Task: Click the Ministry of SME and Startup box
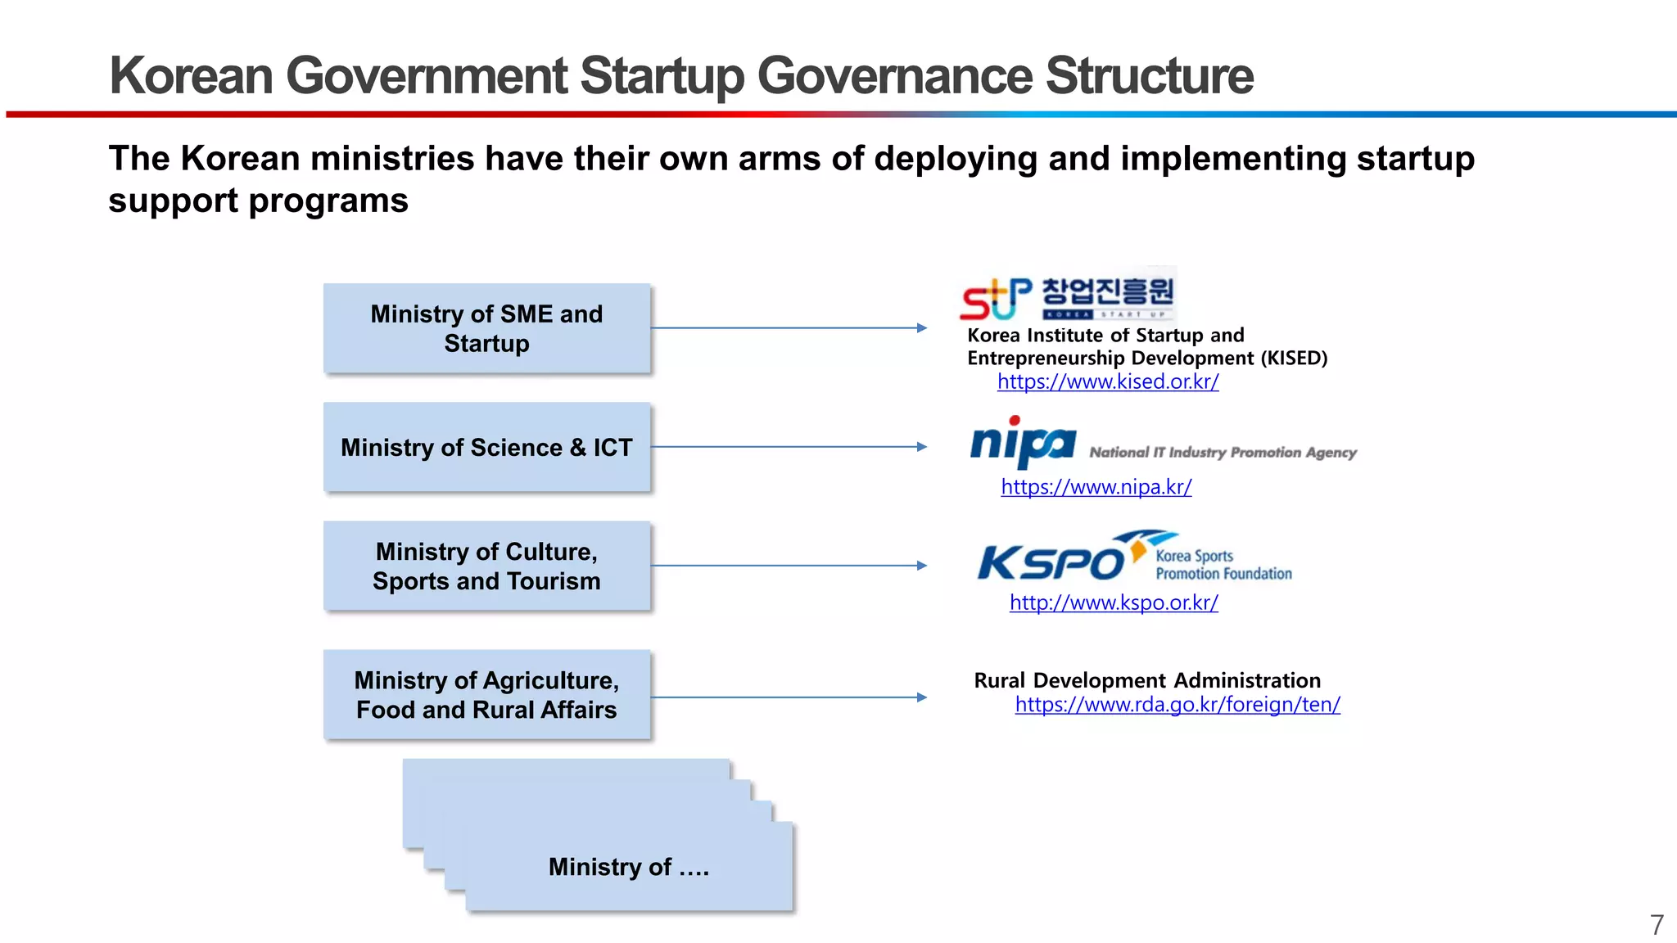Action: [486, 328]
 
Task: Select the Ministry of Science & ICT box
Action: [486, 447]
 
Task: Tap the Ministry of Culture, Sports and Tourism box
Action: [486, 566]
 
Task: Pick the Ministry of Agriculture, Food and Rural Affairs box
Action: [486, 695]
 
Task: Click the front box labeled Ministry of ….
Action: [628, 866]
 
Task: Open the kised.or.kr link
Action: [1108, 381]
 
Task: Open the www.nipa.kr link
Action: [1096, 487]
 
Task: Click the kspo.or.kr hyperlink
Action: [1114, 602]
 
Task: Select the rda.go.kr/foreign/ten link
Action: [1178, 704]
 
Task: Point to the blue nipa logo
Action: [1022, 443]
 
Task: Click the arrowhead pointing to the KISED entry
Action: [922, 328]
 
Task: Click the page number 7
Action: [1657, 925]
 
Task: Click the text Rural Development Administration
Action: [1146, 680]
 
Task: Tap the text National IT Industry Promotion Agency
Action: [1223, 453]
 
